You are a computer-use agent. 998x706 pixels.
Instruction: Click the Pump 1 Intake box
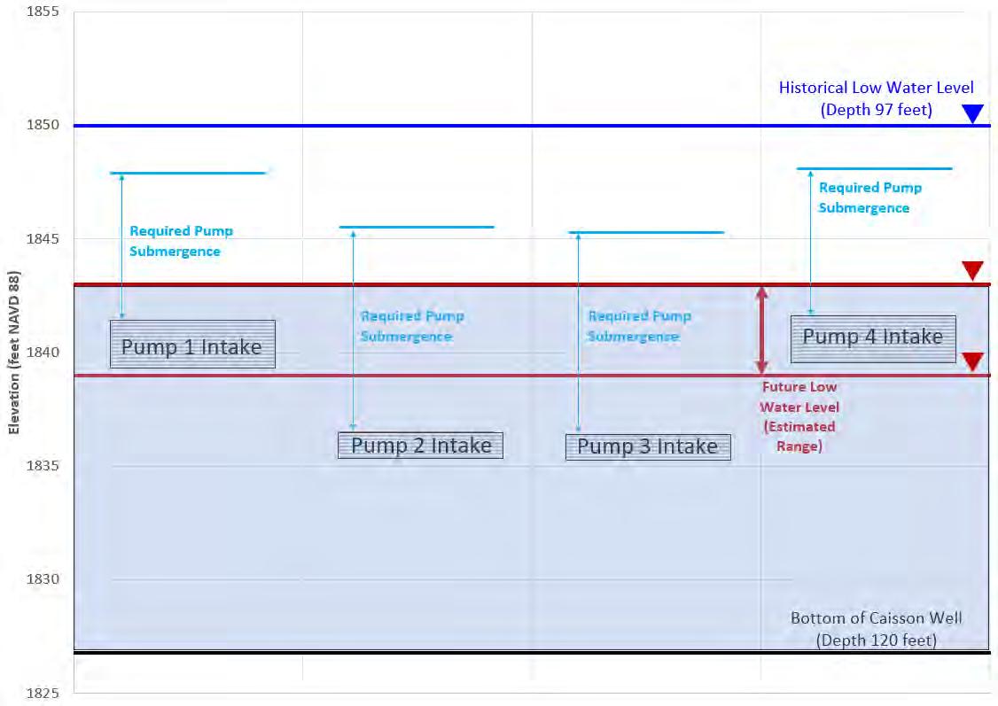point(191,345)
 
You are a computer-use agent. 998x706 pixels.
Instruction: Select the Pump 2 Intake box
point(420,445)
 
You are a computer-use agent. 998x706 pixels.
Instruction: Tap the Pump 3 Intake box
point(648,446)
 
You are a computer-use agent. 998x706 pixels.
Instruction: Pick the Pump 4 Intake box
point(873,338)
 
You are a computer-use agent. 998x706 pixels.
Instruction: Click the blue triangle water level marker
point(973,113)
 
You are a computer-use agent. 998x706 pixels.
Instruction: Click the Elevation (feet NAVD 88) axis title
point(14,352)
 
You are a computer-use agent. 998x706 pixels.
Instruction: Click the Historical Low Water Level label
point(876,98)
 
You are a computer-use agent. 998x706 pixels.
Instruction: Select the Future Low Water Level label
point(799,416)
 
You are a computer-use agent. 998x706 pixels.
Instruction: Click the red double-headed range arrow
point(760,330)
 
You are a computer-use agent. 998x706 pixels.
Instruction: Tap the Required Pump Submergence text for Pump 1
point(181,241)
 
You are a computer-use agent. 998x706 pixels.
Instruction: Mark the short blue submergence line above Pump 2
point(422,228)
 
